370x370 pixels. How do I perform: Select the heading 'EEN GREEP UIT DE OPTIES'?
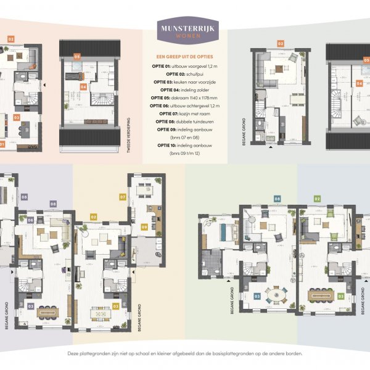[184, 56]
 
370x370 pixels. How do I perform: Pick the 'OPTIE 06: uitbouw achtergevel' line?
[184, 105]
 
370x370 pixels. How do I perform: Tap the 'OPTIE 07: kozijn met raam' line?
[184, 113]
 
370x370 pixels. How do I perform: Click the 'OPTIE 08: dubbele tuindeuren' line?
[184, 121]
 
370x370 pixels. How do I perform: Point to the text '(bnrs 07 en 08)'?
[184, 137]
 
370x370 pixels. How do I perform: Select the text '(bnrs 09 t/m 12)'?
[184, 152]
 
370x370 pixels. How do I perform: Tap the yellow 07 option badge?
[123, 197]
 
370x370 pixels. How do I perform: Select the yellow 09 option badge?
[144, 226]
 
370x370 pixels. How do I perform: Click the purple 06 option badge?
[30, 220]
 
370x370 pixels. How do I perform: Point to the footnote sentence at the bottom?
[184, 354]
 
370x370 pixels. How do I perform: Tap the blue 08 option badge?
[277, 199]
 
